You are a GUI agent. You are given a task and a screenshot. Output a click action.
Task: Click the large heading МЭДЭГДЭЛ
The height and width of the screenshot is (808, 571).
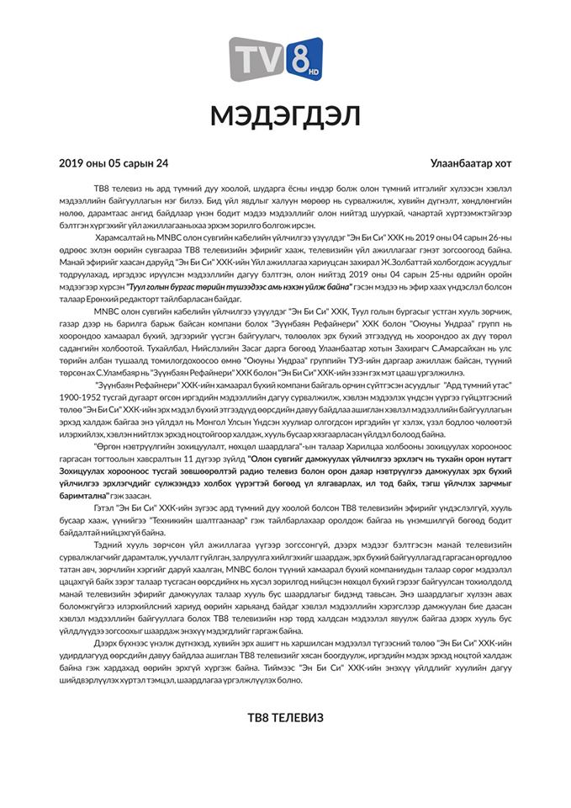285,116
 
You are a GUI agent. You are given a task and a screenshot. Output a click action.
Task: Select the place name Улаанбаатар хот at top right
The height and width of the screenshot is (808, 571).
472,163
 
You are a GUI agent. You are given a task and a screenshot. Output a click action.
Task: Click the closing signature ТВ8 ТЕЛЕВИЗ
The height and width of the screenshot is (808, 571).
284,718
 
